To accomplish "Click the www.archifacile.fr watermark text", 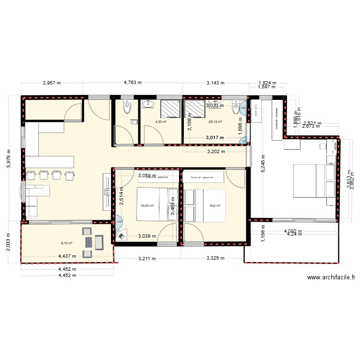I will pos(331,277).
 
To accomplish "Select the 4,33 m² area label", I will pos(160,122).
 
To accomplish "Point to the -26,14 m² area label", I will pos(214,122).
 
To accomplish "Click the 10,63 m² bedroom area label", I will pos(147,206).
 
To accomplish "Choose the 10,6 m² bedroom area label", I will pos(215,206).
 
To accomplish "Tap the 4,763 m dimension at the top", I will pos(132,83).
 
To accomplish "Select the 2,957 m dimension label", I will pos(52,83).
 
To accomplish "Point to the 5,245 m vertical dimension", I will pos(263,165).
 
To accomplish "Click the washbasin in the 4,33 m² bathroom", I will pos(146,103).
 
